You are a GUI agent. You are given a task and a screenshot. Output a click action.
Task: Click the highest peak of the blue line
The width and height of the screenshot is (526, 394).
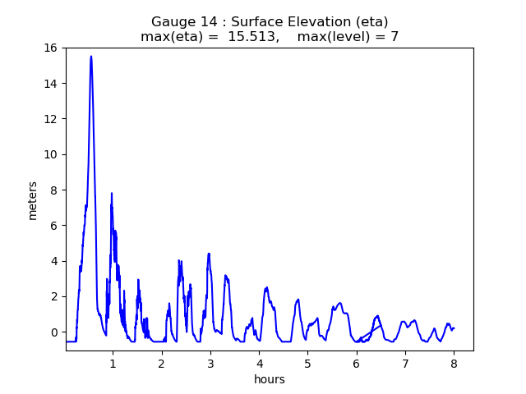click(91, 56)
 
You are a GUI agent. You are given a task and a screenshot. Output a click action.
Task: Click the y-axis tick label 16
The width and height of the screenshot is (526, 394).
click(51, 48)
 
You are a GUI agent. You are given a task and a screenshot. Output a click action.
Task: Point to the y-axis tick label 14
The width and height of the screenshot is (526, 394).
click(51, 83)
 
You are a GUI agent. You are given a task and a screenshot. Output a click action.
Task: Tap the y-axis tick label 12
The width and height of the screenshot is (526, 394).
click(51, 119)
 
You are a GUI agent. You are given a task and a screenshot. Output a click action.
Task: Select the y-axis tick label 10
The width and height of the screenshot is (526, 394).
click(51, 154)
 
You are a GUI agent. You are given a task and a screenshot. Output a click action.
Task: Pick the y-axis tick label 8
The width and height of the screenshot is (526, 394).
click(53, 190)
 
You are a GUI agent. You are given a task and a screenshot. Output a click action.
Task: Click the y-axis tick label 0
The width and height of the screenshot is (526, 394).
click(53, 332)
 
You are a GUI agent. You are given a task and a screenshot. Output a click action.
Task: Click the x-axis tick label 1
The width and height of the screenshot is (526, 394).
click(113, 363)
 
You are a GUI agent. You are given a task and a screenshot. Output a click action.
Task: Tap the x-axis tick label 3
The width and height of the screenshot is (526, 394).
click(210, 363)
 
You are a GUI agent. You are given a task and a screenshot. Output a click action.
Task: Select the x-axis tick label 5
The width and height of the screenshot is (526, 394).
click(307, 363)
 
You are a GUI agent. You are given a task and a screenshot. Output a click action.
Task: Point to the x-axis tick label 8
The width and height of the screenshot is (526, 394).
click(454, 363)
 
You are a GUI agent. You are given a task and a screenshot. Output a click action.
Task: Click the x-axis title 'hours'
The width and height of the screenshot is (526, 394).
click(270, 379)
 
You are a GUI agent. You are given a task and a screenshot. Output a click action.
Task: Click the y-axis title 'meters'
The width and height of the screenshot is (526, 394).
click(33, 199)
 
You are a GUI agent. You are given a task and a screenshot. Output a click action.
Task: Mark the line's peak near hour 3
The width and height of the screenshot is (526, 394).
click(209, 254)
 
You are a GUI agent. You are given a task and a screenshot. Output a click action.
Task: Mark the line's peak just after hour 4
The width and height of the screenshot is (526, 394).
click(266, 287)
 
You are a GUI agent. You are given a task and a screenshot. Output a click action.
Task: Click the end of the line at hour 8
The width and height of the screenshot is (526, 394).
click(454, 328)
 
